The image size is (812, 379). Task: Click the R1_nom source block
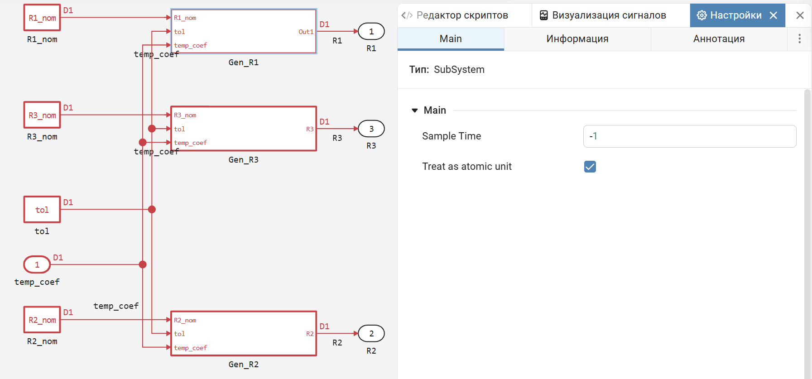coord(42,18)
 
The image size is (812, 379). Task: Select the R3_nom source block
coord(42,115)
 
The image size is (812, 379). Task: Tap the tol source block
coord(42,209)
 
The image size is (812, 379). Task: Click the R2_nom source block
coord(42,320)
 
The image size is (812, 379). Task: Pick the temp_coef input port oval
coord(37,264)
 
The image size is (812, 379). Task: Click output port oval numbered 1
coord(371,31)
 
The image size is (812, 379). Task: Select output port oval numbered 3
coord(371,129)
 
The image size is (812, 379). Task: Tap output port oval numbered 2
coord(371,334)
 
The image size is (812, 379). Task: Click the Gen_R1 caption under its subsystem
coord(244,62)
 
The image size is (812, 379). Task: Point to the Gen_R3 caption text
coord(244,160)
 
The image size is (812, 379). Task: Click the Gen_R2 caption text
coord(244,365)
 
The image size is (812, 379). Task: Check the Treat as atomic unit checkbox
coord(590,167)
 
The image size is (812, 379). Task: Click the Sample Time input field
coord(690,136)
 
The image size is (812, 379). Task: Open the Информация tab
coord(577,39)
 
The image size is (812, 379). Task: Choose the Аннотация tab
coord(719,39)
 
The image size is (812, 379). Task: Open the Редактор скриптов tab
coord(455,15)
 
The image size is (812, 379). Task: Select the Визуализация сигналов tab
coord(603,15)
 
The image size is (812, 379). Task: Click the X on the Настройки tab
coord(774,15)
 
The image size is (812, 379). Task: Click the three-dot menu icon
coord(800,39)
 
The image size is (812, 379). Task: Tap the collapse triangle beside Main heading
coord(414,110)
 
